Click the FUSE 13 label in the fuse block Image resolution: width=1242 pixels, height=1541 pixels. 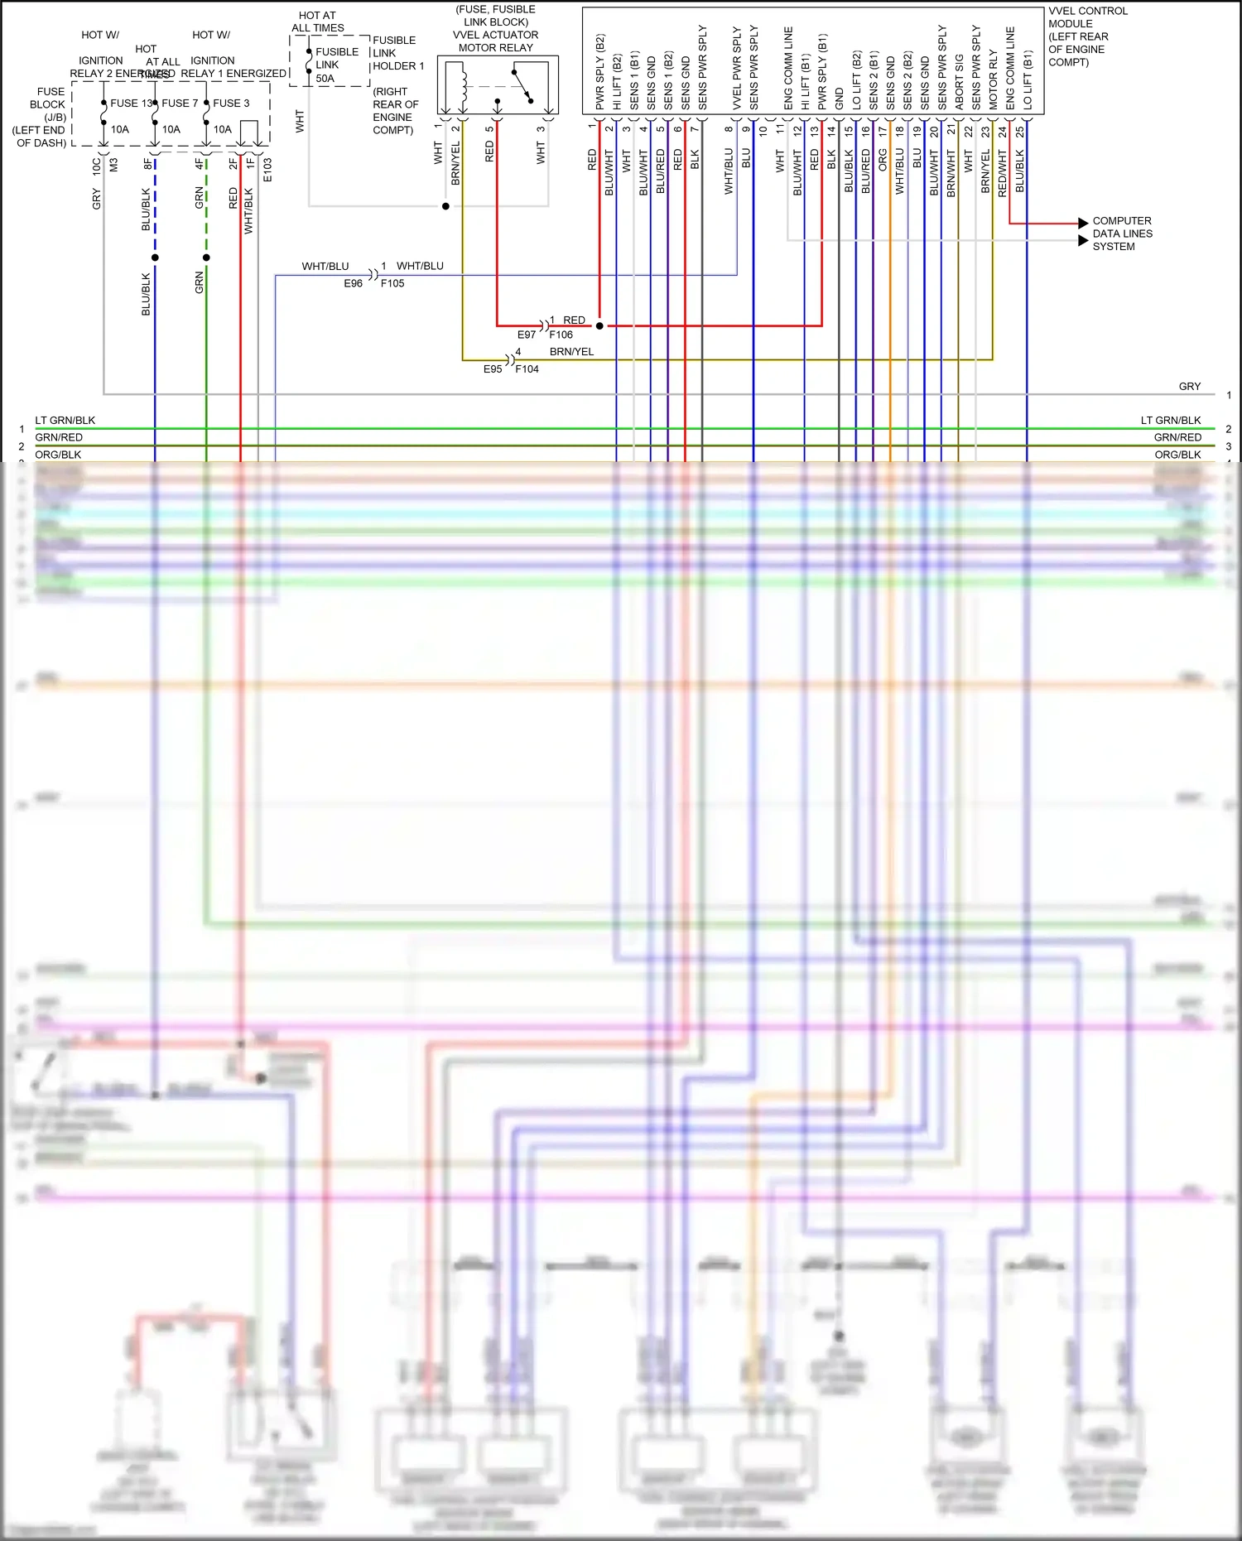[x=131, y=104]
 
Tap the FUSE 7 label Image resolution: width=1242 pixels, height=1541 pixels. [x=180, y=104]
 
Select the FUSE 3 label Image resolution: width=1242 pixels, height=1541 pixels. [x=231, y=104]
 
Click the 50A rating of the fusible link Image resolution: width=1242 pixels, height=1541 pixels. [x=325, y=79]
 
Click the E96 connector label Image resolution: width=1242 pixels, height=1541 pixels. [x=353, y=283]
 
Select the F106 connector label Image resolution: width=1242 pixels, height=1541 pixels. [x=561, y=335]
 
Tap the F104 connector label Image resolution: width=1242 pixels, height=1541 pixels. [x=527, y=369]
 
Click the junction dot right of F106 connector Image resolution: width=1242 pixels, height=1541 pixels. [x=599, y=326]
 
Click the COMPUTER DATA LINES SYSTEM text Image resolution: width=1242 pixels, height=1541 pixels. [x=1122, y=234]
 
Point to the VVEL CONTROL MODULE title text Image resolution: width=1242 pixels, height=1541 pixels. [x=1087, y=36]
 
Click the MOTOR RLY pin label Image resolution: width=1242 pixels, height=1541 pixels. [x=993, y=79]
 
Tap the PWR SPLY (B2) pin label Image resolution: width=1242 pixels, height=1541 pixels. [x=599, y=72]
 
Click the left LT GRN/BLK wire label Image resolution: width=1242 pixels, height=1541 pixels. [x=65, y=421]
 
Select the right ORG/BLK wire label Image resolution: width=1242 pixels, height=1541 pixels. [x=1177, y=455]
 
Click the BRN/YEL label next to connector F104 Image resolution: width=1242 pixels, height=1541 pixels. [x=571, y=352]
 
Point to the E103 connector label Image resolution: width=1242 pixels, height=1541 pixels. [x=267, y=170]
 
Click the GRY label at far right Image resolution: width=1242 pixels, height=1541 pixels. [x=1189, y=387]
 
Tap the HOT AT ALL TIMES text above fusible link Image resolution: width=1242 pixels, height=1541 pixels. [x=317, y=22]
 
